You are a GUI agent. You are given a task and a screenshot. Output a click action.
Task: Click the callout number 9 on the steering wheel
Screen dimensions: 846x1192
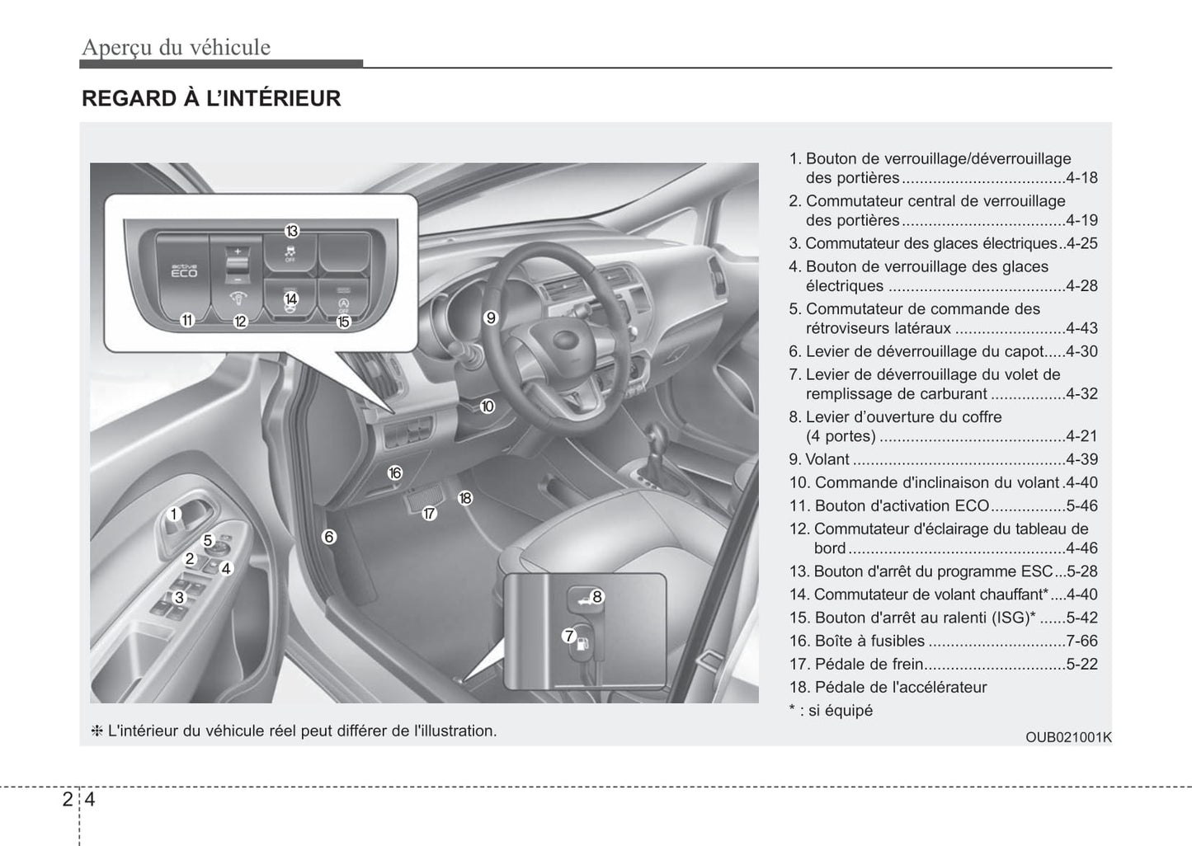pos(491,317)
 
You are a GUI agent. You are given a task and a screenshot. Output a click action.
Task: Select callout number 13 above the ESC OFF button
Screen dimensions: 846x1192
pos(291,231)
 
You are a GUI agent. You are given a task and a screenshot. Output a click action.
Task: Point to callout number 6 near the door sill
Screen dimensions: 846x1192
pos(328,537)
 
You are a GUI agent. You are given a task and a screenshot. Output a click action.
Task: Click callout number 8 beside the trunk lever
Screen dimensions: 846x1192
pos(596,597)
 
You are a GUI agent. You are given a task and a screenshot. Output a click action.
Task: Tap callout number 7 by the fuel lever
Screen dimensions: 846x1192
pos(569,636)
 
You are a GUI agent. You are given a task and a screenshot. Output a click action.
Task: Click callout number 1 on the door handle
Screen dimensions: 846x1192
pos(173,515)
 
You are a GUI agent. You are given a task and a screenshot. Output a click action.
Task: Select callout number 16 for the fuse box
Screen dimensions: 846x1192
pos(394,472)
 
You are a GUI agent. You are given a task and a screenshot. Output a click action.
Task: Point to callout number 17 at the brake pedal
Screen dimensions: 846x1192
pos(429,513)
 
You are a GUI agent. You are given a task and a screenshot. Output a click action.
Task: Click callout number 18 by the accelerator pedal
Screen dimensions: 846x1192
pos(465,498)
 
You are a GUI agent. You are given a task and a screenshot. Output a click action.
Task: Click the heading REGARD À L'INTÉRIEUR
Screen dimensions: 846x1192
pos(211,99)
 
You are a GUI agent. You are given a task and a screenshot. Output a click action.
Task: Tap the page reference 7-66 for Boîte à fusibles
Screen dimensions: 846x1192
pos(1081,641)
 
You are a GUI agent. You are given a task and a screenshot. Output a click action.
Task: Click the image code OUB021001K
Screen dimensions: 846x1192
pos(1068,737)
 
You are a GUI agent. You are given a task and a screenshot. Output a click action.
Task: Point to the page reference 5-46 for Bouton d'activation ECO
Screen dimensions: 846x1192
pos(1081,505)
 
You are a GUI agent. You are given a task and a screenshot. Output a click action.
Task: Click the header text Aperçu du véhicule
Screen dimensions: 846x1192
pos(176,47)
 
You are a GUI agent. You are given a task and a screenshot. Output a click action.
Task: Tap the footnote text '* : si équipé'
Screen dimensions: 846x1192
pos(831,710)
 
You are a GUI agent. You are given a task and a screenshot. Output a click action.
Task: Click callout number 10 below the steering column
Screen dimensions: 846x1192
pos(487,406)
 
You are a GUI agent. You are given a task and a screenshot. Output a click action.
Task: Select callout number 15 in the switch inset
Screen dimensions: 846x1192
pos(343,322)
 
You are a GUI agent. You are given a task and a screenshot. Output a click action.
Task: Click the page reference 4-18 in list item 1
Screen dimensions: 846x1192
pos(1081,178)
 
